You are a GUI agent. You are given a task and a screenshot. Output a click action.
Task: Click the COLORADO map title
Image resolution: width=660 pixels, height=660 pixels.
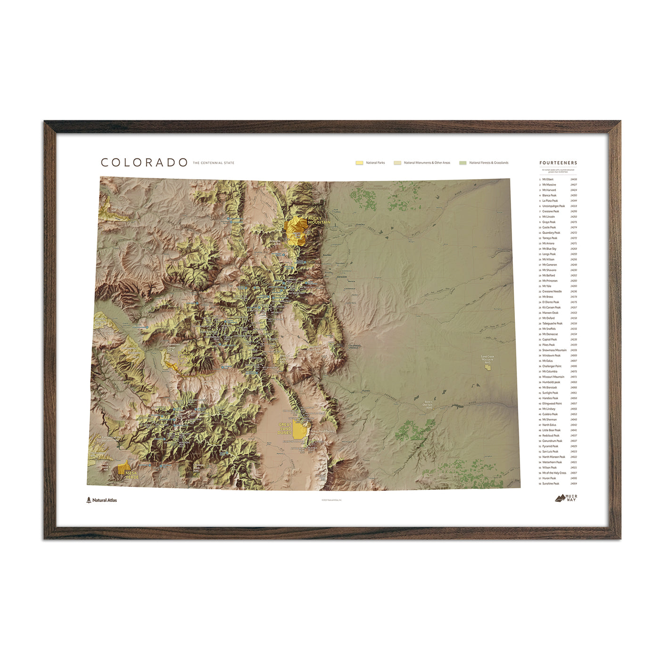[x=144, y=163]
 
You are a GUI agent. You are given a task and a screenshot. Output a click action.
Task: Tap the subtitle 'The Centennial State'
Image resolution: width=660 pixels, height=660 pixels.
[x=213, y=163]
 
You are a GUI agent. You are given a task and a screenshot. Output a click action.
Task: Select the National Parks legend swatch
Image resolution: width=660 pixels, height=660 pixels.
[x=359, y=163]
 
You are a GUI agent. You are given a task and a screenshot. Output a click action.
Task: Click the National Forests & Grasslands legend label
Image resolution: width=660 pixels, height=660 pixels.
[x=489, y=163]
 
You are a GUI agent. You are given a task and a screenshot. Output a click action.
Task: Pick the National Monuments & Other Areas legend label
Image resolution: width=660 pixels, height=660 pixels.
[x=427, y=163]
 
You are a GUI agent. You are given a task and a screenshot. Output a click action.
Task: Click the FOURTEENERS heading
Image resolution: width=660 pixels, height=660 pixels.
[x=558, y=163]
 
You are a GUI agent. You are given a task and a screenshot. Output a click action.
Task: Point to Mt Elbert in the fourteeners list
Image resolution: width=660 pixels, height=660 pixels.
[x=548, y=180]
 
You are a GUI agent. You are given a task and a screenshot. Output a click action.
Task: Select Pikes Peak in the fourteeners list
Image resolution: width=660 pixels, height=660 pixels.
[x=548, y=345]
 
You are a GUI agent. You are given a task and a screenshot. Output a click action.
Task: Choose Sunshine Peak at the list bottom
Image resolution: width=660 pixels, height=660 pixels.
[x=551, y=484]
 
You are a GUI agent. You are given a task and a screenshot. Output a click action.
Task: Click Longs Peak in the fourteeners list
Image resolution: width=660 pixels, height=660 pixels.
[x=549, y=254]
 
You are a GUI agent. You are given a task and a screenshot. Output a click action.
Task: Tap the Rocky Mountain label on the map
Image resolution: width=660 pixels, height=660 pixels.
[x=319, y=220]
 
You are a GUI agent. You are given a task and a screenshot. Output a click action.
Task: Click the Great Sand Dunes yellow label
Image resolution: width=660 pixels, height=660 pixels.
[x=285, y=428]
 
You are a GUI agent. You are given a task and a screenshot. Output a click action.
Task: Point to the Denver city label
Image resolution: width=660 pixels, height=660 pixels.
[x=342, y=277]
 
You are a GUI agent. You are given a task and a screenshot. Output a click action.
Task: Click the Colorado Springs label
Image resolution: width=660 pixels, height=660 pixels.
[x=354, y=347]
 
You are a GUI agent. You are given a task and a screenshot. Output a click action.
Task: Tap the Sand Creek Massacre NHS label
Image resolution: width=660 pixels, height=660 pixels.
[x=487, y=359]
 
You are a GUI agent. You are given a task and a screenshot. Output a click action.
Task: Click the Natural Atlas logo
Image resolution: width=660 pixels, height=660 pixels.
[x=102, y=500]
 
